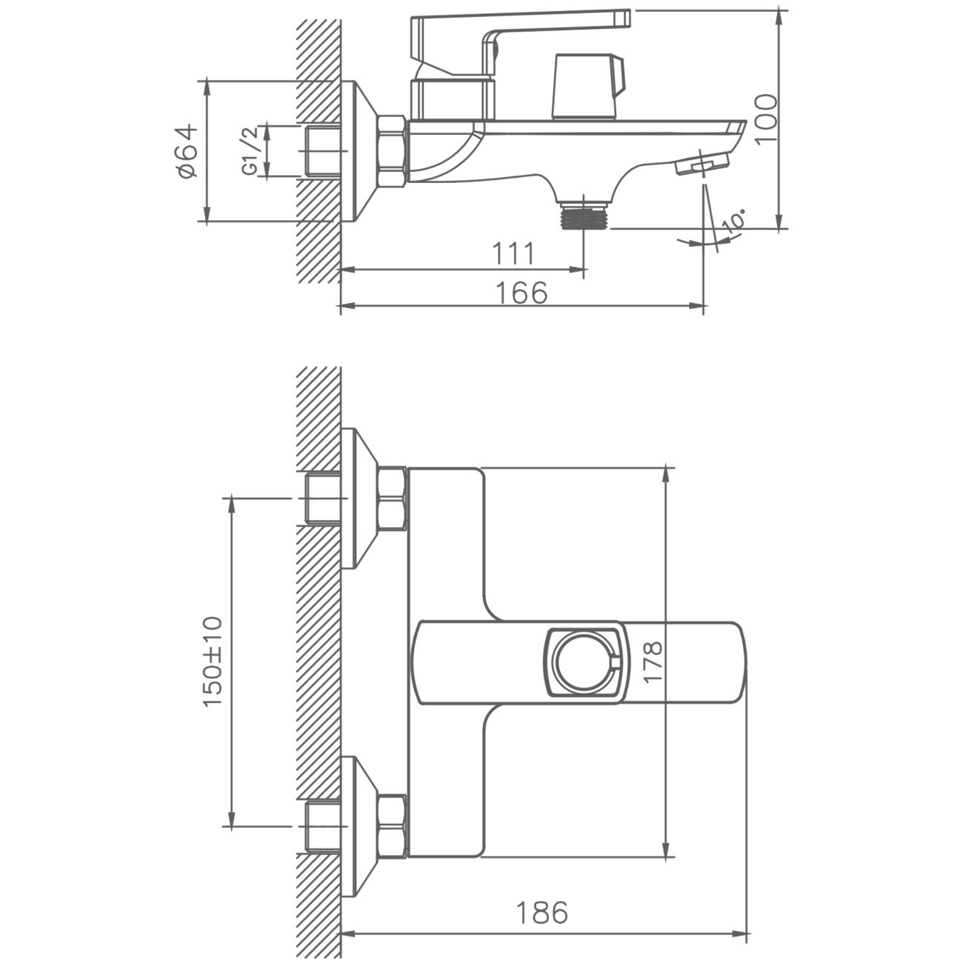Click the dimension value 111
click(513, 254)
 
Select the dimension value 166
click(522, 293)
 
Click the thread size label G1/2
click(250, 150)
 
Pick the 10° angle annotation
click(736, 221)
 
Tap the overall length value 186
click(542, 913)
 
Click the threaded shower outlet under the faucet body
click(584, 215)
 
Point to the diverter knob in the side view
click(588, 87)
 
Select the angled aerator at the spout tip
click(702, 161)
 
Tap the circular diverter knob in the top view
click(584, 663)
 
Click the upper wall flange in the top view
click(359, 499)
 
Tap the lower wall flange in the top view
click(359, 827)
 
